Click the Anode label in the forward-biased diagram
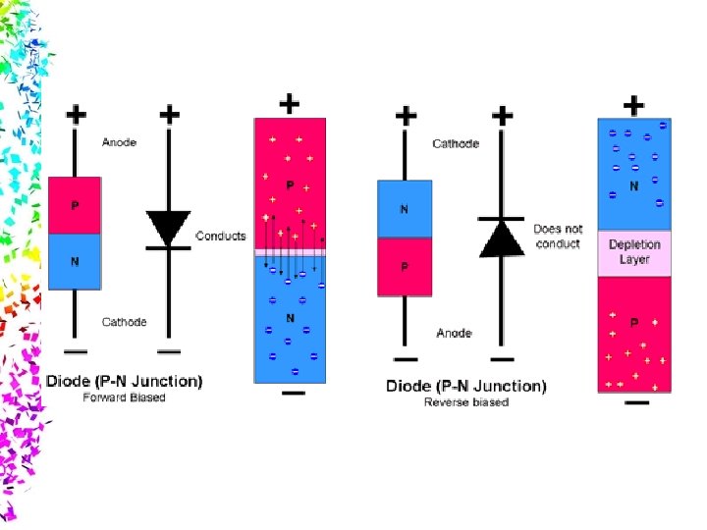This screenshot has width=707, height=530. pos(119,142)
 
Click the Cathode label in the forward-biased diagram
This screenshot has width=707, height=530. pos(124,322)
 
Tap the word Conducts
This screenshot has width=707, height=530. pos(221,236)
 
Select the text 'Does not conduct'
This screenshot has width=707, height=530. pos(558,236)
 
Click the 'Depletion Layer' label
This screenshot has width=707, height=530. pos(634,251)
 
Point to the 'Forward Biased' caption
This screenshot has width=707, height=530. pos(124,397)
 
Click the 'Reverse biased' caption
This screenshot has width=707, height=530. pos(466,402)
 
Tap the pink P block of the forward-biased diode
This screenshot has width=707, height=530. pos(75,205)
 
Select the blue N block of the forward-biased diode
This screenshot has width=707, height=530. pos(75,261)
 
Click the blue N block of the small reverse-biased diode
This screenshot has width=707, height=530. pos(405,209)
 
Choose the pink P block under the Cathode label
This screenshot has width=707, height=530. pos(405,266)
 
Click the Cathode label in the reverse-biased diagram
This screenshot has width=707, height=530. pos(456,143)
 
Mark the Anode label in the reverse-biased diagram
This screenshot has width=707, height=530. pos(454,334)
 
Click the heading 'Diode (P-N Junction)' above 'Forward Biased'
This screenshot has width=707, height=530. pos(124,381)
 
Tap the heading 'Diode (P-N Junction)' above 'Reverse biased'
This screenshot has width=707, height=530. pos(466,386)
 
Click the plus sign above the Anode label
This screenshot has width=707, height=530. pos(76,115)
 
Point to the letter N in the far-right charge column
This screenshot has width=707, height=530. pos(634,185)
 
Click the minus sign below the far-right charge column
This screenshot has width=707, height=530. pos(635,401)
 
